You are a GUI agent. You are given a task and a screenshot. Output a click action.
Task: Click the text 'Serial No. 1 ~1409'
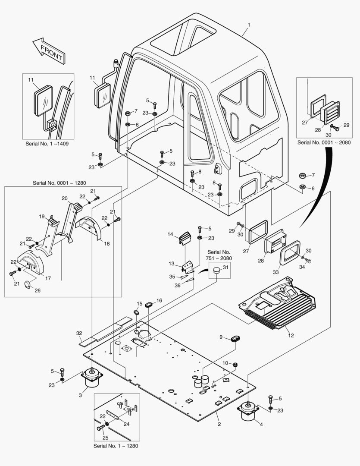(47, 143)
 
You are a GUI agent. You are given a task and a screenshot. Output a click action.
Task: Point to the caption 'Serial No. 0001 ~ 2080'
(324, 142)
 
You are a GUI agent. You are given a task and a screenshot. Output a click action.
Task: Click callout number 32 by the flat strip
(79, 333)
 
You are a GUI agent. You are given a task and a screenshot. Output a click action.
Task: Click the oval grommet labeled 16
(149, 305)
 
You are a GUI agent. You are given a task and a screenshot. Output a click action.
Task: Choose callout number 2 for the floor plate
(219, 425)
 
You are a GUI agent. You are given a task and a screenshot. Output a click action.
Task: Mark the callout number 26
(38, 290)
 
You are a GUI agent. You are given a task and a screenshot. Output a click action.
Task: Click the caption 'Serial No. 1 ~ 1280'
(116, 446)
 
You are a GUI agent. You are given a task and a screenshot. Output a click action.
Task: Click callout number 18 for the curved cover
(107, 244)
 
